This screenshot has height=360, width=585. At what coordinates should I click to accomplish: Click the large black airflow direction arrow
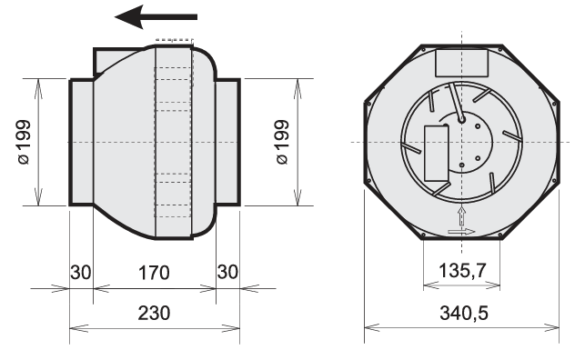(156, 16)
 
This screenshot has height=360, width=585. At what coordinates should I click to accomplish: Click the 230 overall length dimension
(154, 313)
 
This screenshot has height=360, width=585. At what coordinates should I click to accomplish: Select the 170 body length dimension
(154, 273)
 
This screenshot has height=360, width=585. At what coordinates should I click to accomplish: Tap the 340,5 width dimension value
(464, 313)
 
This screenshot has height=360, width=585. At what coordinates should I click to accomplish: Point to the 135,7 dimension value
(462, 271)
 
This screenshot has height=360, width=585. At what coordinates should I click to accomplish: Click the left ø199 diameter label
(24, 142)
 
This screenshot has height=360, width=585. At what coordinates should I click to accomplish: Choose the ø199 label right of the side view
(283, 142)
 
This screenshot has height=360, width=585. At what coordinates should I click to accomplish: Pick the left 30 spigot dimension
(81, 273)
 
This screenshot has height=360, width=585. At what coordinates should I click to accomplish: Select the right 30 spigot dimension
(227, 272)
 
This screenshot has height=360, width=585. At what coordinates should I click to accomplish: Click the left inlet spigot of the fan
(81, 142)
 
